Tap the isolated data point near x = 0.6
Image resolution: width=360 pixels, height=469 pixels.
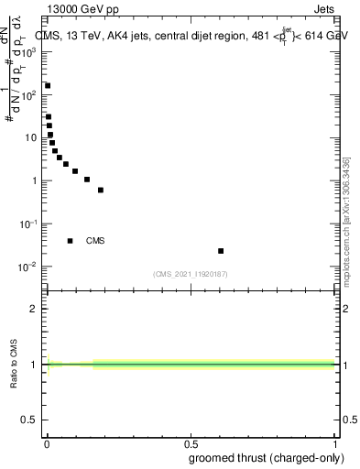coord(221,250)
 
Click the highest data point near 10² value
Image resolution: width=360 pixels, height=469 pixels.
coord(48,85)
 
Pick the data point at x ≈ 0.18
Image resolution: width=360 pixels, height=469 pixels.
coord(100,190)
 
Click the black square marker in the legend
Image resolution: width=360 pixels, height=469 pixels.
coord(71,241)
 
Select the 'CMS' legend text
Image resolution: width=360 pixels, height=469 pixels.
coord(95,241)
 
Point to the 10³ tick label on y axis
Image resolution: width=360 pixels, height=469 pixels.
coord(29,52)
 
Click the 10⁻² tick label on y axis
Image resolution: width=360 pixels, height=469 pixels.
coord(28,267)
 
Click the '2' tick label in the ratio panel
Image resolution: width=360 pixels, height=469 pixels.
coord(35,309)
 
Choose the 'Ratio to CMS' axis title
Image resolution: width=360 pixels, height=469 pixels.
coord(14,364)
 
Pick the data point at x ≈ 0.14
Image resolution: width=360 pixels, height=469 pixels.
coord(87,180)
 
